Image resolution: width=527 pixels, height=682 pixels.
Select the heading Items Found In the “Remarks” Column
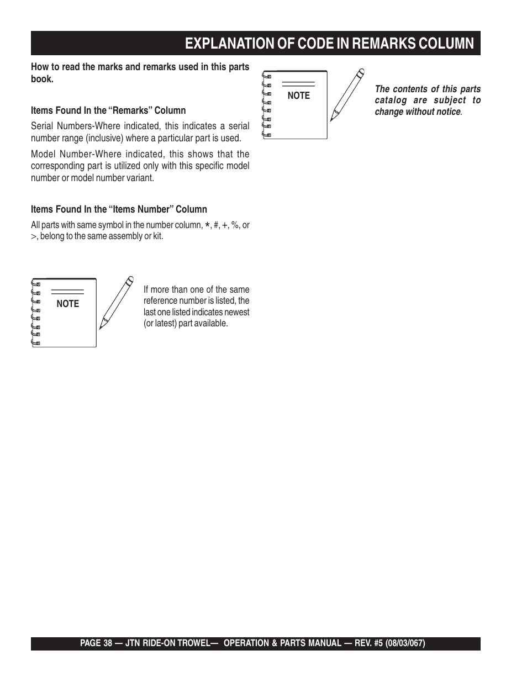point(108,110)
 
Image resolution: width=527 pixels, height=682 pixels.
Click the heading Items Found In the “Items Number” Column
point(119,209)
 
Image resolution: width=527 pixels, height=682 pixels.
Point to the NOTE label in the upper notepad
point(299,96)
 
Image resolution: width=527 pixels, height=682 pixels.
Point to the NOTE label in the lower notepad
point(68,304)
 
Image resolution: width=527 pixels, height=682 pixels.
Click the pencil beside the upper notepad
point(347,94)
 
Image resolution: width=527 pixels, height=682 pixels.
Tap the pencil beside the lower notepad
point(117,302)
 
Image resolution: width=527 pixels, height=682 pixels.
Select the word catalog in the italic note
point(391,101)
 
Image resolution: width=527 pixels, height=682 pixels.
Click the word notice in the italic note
point(447,112)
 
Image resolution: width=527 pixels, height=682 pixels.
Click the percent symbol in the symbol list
point(235,225)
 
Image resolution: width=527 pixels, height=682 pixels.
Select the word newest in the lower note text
point(236,312)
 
